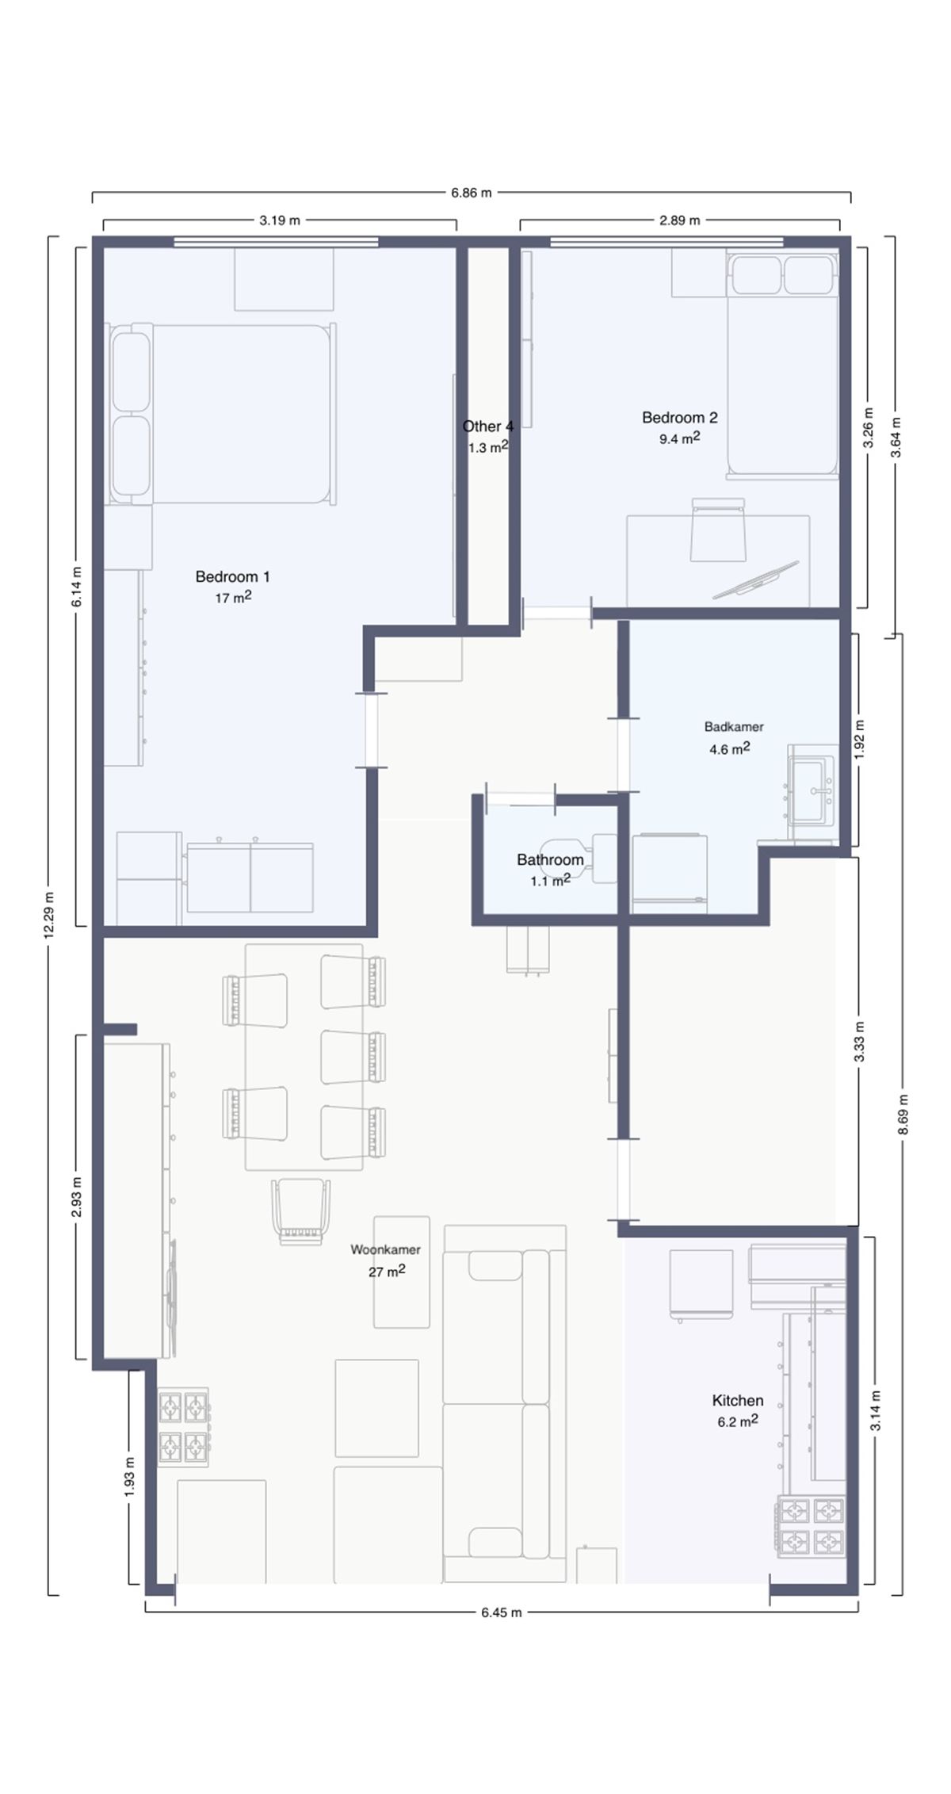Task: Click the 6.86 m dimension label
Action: coord(472,193)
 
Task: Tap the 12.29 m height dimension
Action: coord(50,916)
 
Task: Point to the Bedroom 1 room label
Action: coord(233,576)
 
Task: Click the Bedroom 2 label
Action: coord(680,417)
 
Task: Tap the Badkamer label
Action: coord(734,726)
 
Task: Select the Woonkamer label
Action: coord(386,1249)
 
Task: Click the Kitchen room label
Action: coord(738,1401)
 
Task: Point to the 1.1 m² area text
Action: coord(550,880)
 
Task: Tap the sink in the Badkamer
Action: coord(812,790)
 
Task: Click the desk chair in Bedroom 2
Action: coord(719,530)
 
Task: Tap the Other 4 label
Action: coord(488,427)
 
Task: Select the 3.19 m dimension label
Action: coord(280,220)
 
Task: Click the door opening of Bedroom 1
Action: coord(371,730)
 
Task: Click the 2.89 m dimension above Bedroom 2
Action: coord(680,220)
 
